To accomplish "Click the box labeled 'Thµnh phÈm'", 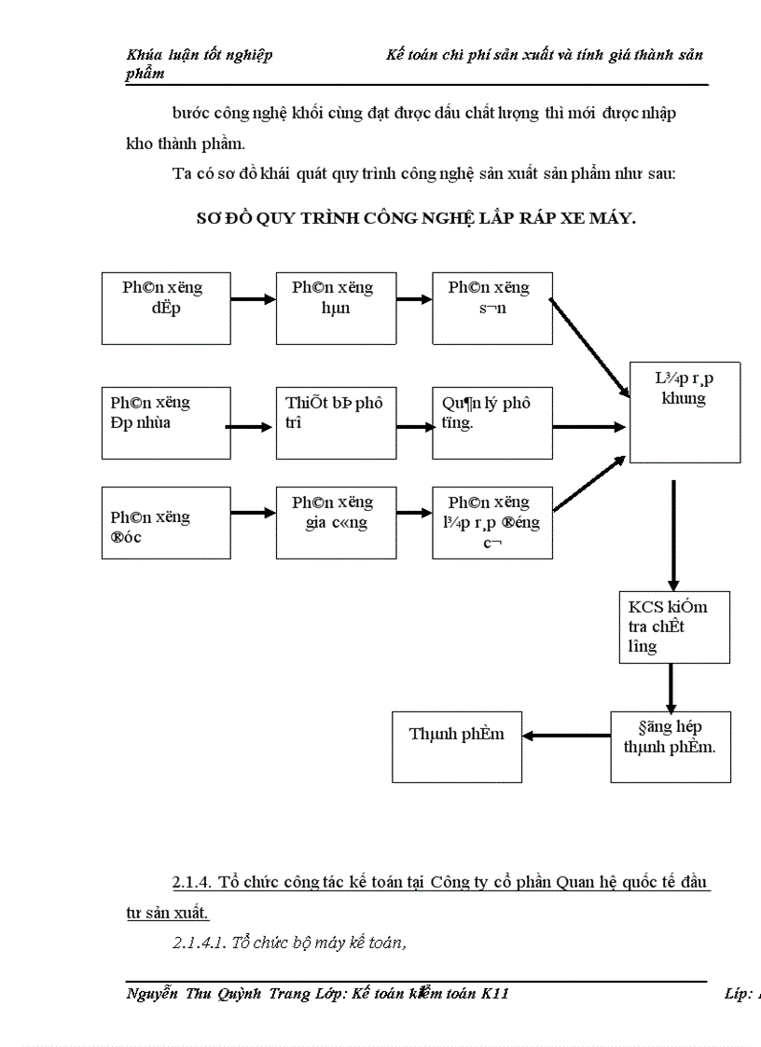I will [x=456, y=747].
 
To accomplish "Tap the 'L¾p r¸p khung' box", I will [x=685, y=410].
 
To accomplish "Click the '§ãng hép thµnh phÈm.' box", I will [x=671, y=747].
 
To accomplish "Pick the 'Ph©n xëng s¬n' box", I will [x=491, y=308].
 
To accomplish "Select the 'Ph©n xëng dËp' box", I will [x=166, y=308].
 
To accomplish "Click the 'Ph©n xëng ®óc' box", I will [x=166, y=526].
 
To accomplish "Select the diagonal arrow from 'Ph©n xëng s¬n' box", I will [x=589, y=346].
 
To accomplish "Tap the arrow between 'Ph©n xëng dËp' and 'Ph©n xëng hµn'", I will [x=253, y=299].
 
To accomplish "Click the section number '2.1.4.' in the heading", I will [x=195, y=883].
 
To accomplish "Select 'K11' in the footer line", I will [x=494, y=995].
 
